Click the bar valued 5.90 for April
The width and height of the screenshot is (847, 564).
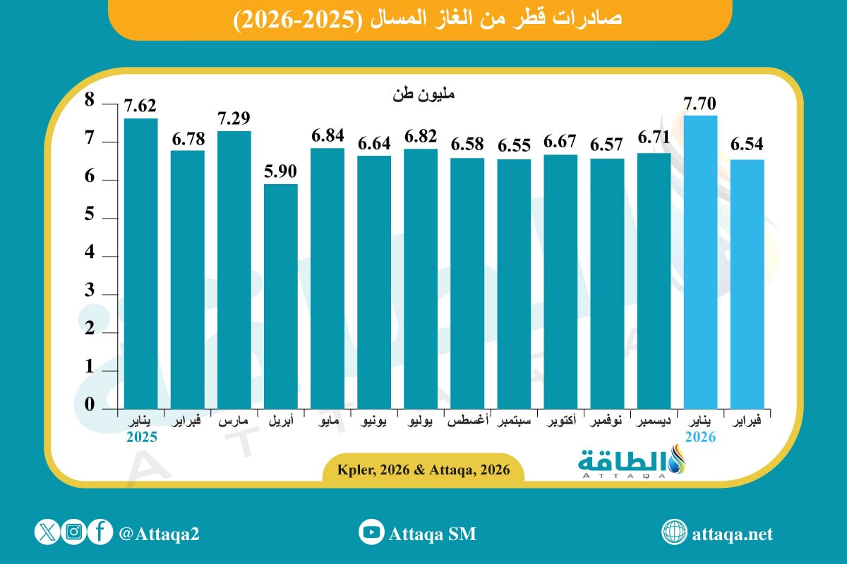coord(281,296)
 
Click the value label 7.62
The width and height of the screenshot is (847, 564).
coord(140,106)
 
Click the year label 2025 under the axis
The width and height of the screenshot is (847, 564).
coord(141,437)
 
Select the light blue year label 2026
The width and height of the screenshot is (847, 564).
coord(699,437)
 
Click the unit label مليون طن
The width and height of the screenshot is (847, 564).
coord(417,94)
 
